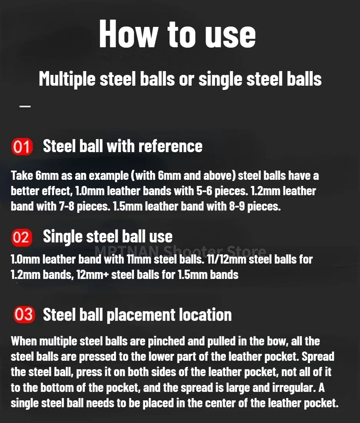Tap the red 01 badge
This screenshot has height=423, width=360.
(22, 147)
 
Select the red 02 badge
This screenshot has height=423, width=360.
(22, 237)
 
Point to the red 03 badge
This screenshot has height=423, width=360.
(24, 314)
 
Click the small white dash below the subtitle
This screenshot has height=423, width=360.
(25, 106)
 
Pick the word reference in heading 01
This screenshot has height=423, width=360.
(170, 146)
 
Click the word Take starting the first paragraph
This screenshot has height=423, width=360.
(22, 176)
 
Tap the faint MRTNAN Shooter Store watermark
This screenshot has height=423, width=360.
(180, 251)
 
